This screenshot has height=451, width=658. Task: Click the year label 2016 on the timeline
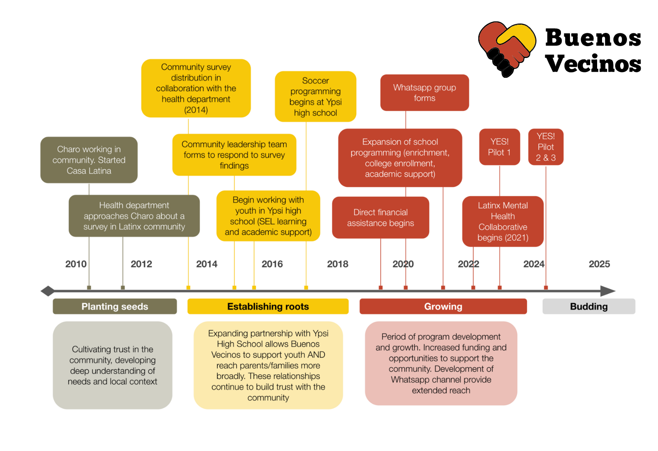pyautogui.click(x=272, y=264)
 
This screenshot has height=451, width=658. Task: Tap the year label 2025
pyautogui.click(x=599, y=264)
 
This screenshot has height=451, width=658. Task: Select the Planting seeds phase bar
pyautogui.click(x=115, y=307)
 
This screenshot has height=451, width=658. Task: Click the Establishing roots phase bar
pyautogui.click(x=268, y=307)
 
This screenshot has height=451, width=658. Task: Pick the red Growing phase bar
pyautogui.click(x=443, y=307)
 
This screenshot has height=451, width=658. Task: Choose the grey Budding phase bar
pyautogui.click(x=588, y=307)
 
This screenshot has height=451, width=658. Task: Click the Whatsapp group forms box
pyautogui.click(x=424, y=93)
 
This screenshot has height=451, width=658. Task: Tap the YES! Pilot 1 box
pyautogui.click(x=499, y=147)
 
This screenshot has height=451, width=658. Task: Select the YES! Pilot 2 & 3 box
pyautogui.click(x=545, y=147)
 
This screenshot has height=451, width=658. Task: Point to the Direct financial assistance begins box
pyautogui.click(x=380, y=218)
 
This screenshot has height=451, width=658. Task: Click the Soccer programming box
pyautogui.click(x=315, y=97)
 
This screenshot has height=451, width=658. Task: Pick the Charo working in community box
pyautogui.click(x=89, y=160)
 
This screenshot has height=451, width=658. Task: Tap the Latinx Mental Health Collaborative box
pyautogui.click(x=503, y=221)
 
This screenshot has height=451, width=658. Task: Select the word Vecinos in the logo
pyautogui.click(x=593, y=64)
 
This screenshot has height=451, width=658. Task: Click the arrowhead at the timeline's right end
pyautogui.click(x=608, y=291)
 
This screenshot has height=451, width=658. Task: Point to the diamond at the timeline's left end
pyautogui.click(x=48, y=291)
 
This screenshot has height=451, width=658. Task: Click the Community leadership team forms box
pyautogui.click(x=234, y=155)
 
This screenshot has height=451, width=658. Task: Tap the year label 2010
pyautogui.click(x=76, y=264)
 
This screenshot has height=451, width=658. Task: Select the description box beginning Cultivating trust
pyautogui.click(x=112, y=365)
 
